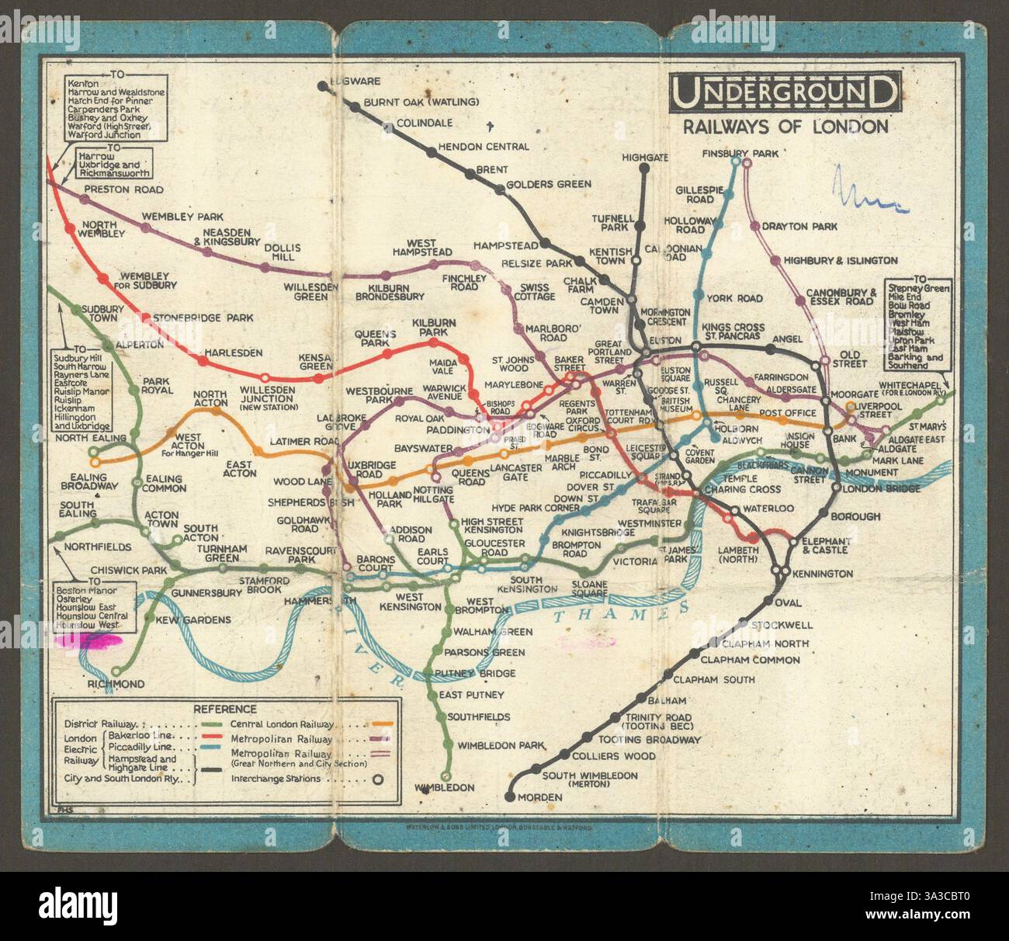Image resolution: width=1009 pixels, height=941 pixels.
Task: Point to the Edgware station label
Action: (354, 81)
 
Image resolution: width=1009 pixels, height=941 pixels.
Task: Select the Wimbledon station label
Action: (445, 787)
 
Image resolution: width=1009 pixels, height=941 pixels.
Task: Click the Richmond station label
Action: (116, 684)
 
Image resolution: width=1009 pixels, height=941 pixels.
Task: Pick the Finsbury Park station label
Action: (740, 154)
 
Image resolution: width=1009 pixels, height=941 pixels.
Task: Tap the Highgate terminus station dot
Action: (643, 168)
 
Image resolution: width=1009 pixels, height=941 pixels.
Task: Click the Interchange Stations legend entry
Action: (276, 779)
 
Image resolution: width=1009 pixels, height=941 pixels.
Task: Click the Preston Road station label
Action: (123, 189)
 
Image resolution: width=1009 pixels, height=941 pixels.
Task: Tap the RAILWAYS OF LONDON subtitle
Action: (785, 127)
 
